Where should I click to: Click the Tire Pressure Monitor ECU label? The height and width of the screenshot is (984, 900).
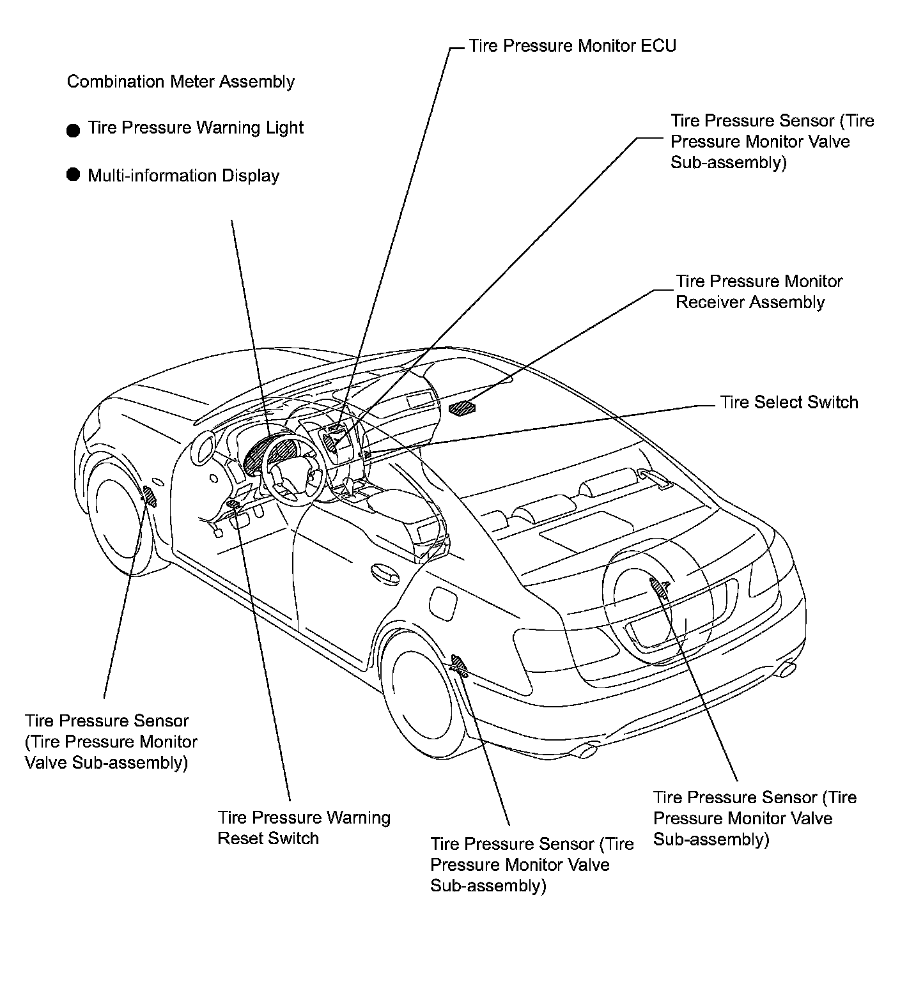[x=572, y=46]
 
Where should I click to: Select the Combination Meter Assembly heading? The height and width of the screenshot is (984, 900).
[x=181, y=82]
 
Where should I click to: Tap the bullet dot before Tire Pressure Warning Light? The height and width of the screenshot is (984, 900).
[x=74, y=130]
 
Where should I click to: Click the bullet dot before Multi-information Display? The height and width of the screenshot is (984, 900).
[x=74, y=174]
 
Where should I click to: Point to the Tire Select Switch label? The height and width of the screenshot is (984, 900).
[x=789, y=402]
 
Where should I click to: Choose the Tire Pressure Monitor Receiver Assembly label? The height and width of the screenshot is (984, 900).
[x=759, y=291]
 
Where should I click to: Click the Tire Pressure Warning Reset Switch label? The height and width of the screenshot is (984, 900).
[x=304, y=827]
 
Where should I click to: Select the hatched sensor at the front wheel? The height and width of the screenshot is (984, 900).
[x=150, y=495]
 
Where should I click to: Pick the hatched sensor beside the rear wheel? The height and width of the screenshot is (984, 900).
[x=460, y=665]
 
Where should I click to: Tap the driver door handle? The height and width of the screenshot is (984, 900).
[x=385, y=573]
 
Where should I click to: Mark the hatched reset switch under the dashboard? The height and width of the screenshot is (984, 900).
[x=234, y=505]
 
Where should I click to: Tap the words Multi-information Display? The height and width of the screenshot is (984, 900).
[x=183, y=176]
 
